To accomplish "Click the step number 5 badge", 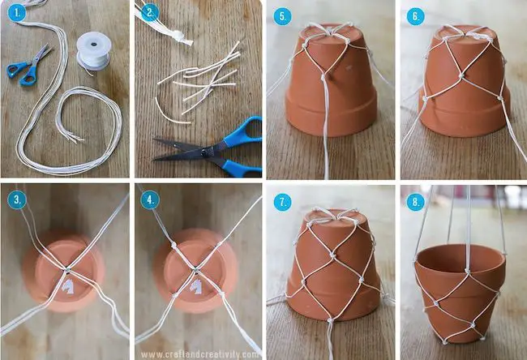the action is [x=282, y=16].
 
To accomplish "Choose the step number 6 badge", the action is [x=415, y=16].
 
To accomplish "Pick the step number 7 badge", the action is [x=282, y=203].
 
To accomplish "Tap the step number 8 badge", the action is [x=415, y=203].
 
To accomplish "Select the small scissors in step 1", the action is [x=29, y=66].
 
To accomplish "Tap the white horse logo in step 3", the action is [x=67, y=287].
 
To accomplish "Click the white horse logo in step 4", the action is [x=196, y=287].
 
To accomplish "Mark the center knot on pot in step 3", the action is [x=67, y=269].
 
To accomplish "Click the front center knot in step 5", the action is [x=323, y=78].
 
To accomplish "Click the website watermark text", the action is [x=199, y=354].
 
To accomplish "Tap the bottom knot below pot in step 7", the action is [x=330, y=321].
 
